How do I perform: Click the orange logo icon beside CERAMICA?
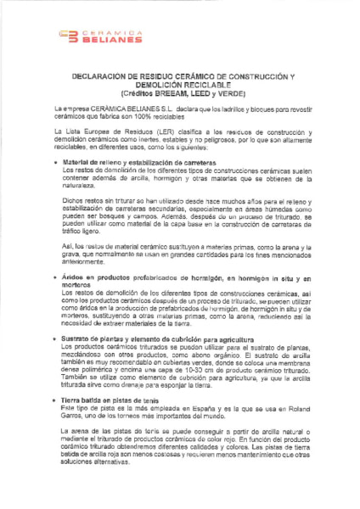(x=70, y=35)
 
